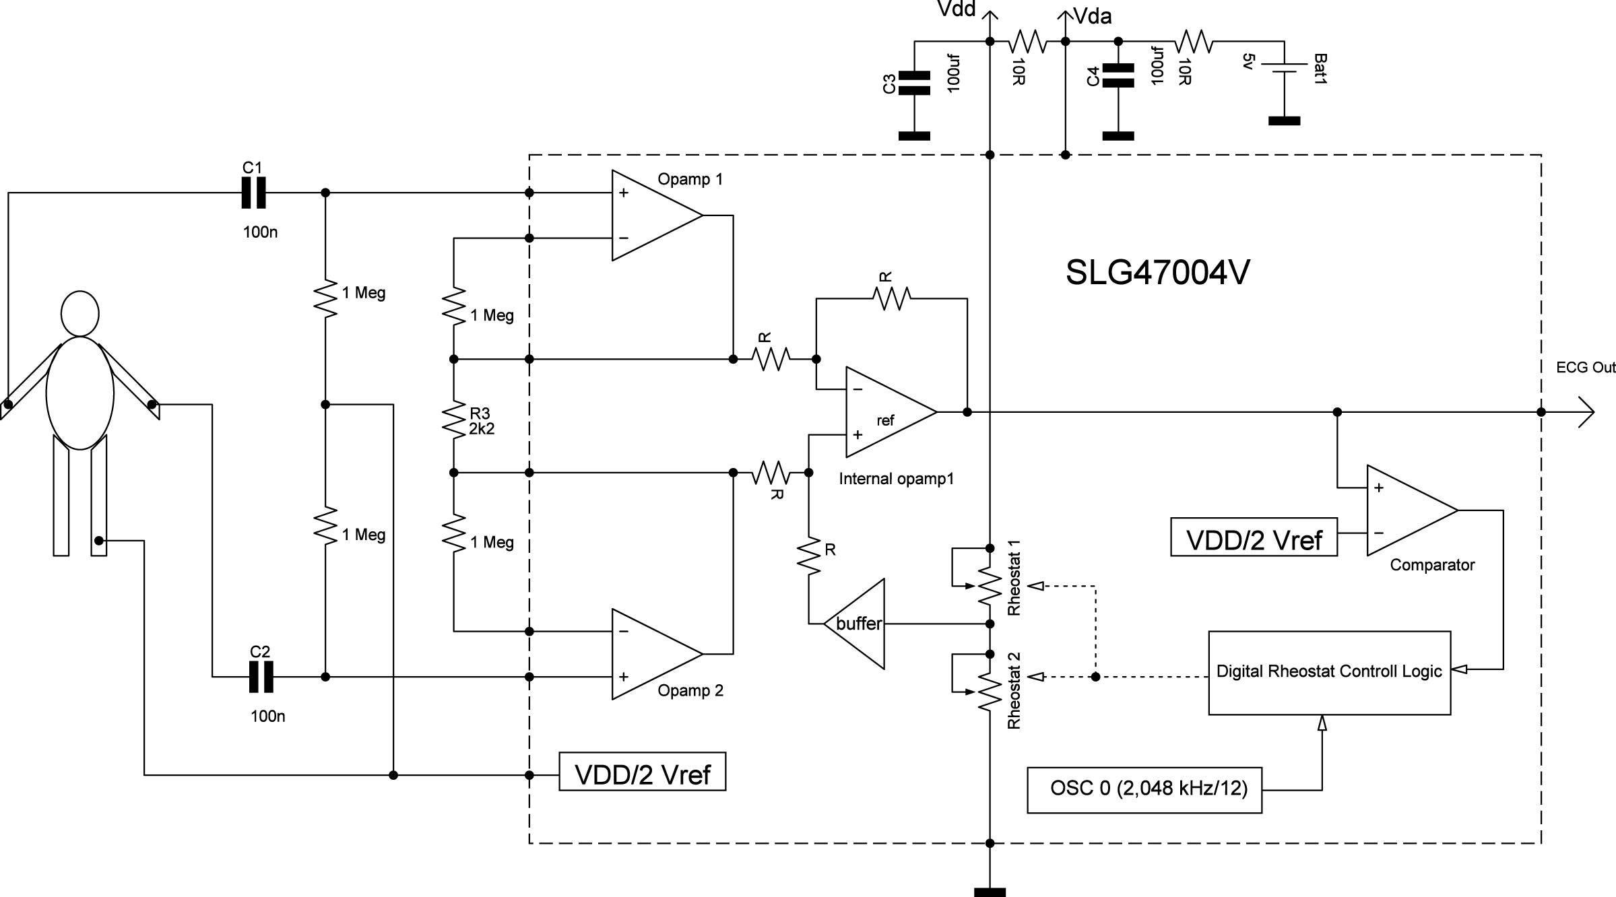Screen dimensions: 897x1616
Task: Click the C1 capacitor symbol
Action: click(x=254, y=193)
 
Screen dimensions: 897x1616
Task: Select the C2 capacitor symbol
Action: click(x=261, y=677)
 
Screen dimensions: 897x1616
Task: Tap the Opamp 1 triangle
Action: click(x=653, y=215)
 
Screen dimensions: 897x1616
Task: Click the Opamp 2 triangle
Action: click(x=653, y=654)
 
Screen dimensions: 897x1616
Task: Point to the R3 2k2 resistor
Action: click(x=454, y=418)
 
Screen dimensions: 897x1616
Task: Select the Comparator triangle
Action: click(x=1408, y=510)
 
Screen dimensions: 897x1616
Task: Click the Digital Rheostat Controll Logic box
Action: click(x=1329, y=672)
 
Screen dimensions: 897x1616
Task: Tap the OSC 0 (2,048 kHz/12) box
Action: click(x=1144, y=789)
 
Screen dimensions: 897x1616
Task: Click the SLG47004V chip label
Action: click(x=1157, y=273)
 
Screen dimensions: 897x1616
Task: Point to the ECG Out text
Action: click(x=1585, y=368)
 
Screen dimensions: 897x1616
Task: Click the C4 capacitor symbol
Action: click(x=1118, y=76)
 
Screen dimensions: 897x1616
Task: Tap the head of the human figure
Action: click(x=80, y=313)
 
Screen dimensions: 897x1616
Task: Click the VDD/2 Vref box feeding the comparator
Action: click(x=1254, y=537)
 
